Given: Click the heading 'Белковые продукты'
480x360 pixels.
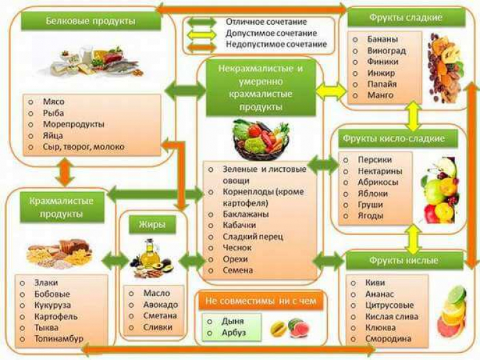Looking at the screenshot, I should [x=91, y=22].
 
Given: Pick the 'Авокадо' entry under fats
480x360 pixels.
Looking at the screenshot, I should [x=159, y=304].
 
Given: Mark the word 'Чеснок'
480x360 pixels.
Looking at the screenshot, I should [x=232, y=248].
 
